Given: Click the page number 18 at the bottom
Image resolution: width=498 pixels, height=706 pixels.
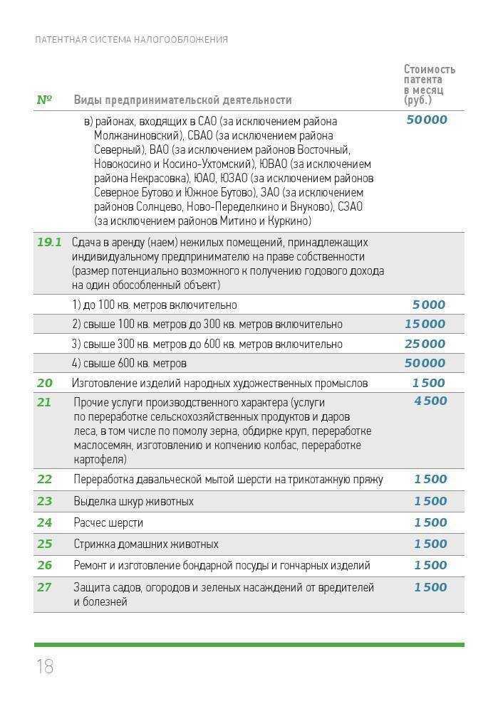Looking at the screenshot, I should (44, 666).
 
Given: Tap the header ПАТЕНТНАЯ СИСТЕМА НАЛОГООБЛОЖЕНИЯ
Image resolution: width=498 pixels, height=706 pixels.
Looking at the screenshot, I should (131, 40).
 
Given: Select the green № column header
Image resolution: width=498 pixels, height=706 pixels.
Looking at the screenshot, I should (44, 100).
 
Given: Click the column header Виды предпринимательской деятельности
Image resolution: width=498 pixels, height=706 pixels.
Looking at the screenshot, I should (182, 100).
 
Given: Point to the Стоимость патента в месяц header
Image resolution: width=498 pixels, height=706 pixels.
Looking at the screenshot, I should (429, 84).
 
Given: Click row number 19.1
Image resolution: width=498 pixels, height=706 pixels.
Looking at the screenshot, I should (49, 242).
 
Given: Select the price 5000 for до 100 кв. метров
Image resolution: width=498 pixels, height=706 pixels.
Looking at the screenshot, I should (428, 305).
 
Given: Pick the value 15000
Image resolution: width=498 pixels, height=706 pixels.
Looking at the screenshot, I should (425, 324).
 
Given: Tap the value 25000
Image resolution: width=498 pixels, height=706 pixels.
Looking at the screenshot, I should (425, 344).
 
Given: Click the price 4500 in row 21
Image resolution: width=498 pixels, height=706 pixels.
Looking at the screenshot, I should (430, 401).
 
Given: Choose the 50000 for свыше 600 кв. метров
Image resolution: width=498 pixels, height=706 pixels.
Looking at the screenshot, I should (425, 363).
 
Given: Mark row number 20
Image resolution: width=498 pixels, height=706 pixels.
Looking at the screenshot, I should (44, 383).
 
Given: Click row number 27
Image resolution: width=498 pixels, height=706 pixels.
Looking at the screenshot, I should (44, 587).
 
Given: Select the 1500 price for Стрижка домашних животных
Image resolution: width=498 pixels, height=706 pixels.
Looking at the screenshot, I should (430, 544).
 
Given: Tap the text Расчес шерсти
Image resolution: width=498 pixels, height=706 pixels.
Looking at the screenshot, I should (108, 522).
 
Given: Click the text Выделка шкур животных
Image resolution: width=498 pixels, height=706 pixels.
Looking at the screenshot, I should (133, 501).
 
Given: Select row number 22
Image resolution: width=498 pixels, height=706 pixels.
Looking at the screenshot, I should (44, 479).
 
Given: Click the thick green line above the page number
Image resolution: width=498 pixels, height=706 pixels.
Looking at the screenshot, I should (249, 645).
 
